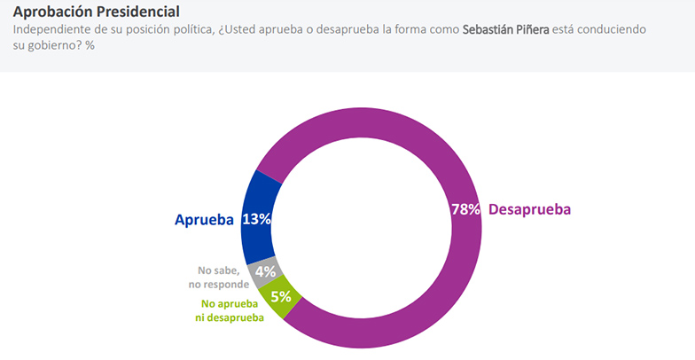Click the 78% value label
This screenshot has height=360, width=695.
tap(465, 210)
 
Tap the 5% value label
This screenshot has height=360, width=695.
tap(282, 297)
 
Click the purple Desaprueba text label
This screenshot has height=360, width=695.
tap(529, 210)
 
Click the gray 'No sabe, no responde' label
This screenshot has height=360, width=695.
tap(217, 278)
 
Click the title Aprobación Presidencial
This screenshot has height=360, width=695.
tap(96, 12)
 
